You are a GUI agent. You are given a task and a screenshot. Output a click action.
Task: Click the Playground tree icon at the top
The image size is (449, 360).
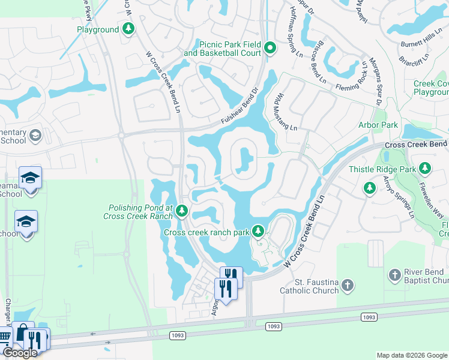click(128, 29)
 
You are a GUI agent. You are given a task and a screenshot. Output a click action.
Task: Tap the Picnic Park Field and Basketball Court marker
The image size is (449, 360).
click(270, 48)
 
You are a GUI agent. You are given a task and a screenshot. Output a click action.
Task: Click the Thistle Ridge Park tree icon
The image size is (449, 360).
click(426, 169)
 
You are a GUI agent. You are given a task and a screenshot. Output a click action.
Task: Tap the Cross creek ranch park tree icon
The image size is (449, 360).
click(258, 231)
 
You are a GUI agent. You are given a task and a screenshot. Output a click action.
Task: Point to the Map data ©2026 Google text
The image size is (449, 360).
click(412, 355)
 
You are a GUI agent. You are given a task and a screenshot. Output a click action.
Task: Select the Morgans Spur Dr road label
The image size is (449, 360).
click(376, 81)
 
